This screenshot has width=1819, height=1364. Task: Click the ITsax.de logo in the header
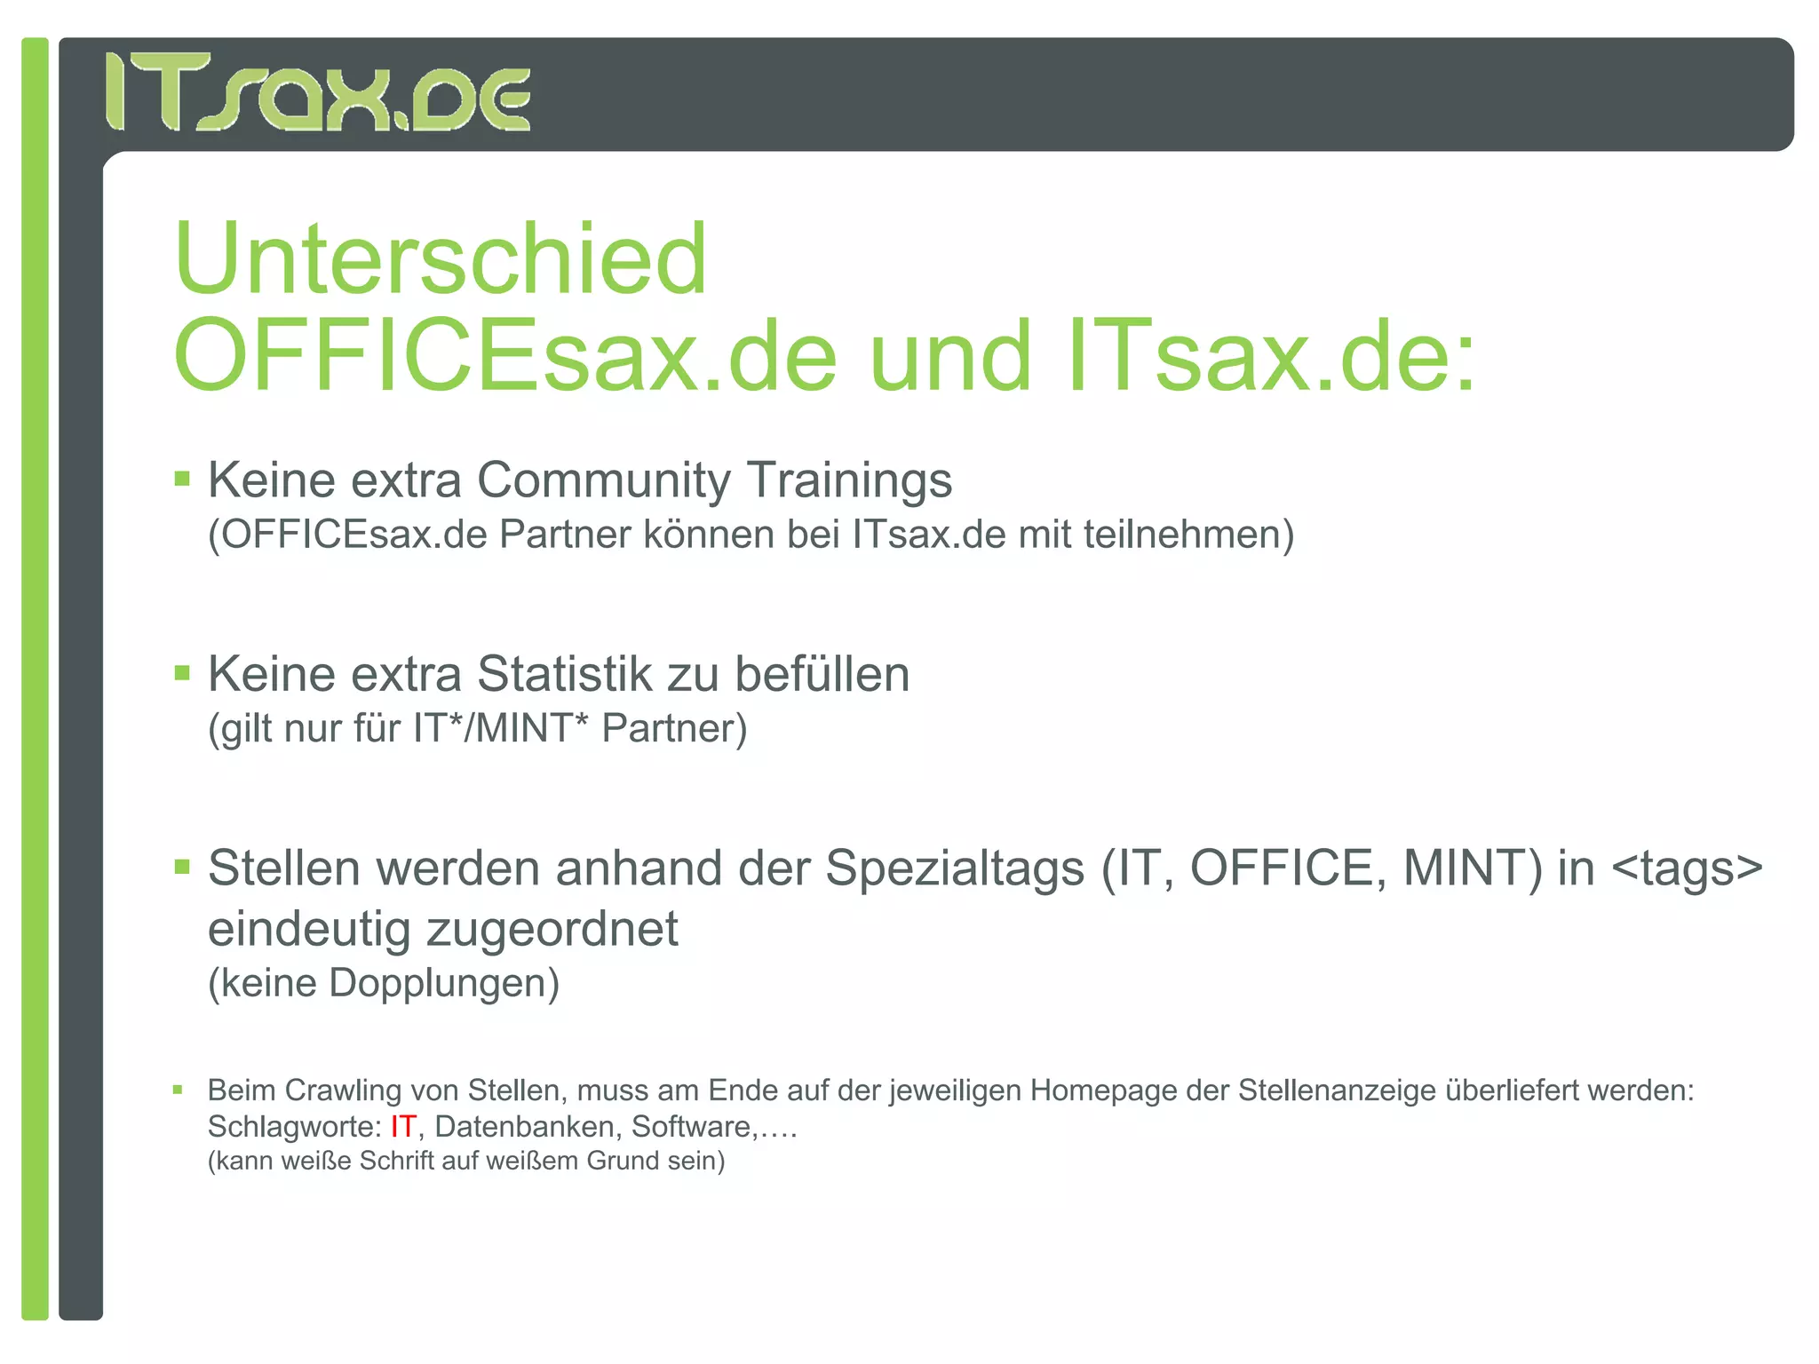coord(318,92)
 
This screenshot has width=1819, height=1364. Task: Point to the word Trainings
coord(850,480)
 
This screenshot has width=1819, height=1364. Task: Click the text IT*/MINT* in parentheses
coord(500,729)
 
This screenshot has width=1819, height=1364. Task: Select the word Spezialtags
coord(955,868)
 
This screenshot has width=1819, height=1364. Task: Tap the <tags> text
coord(1687,868)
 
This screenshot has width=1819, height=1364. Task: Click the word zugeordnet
coord(552,930)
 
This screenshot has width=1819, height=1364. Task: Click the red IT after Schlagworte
coord(402,1127)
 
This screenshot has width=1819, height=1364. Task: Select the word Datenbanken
coord(524,1127)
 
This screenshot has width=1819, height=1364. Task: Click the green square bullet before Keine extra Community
coord(182,480)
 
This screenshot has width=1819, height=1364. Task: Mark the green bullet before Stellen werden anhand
coord(182,867)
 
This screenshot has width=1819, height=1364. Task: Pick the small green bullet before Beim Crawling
coord(178,1090)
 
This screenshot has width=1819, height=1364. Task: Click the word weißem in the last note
coord(534,1162)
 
